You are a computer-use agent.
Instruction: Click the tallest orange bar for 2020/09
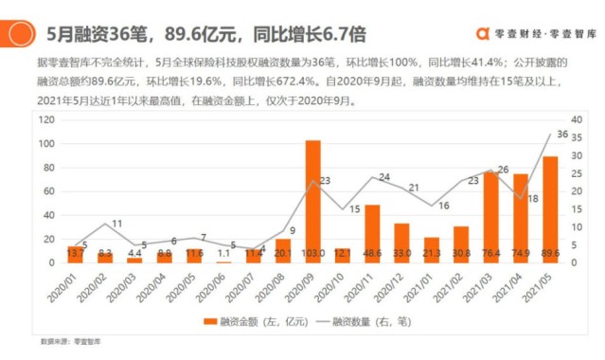pos(312,199)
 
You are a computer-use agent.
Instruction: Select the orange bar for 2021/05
pos(550,208)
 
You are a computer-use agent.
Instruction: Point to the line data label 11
pos(116,225)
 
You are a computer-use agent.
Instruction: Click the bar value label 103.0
pos(312,254)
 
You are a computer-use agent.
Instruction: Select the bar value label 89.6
pos(550,254)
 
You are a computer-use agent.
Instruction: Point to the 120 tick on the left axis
pos(45,120)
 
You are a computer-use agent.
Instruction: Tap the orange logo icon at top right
pos(481,32)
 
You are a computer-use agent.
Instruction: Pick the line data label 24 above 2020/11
pos(383,177)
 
